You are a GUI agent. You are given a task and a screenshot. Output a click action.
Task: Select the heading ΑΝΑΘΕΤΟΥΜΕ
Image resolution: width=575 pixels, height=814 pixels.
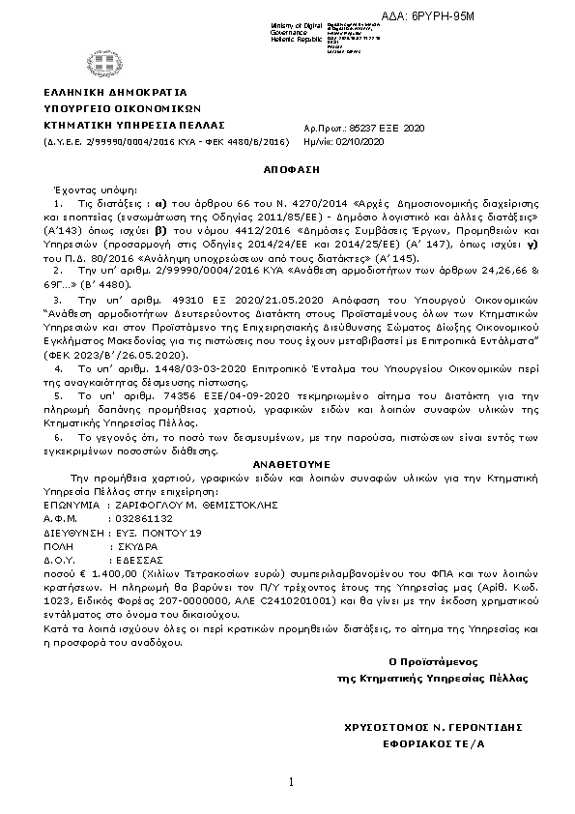(291, 463)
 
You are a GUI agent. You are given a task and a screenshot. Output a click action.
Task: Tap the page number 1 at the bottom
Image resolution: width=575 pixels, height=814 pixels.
(289, 781)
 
